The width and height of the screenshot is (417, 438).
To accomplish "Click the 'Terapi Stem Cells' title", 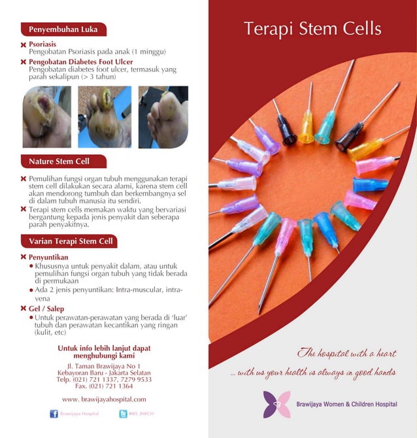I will click(x=312, y=29).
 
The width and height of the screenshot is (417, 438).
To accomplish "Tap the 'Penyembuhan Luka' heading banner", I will click(x=63, y=29).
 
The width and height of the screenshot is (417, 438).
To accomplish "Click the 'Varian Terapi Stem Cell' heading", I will click(x=71, y=241).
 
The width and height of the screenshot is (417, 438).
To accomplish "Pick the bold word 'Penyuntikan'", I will click(x=49, y=258).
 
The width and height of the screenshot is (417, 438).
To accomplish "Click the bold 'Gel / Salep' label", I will click(x=46, y=309).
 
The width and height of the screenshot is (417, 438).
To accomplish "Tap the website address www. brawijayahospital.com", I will click(x=104, y=399).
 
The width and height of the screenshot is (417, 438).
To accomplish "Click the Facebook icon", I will click(x=54, y=413).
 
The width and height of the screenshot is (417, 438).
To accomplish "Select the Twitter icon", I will click(x=123, y=413).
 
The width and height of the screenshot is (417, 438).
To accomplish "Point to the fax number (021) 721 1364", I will click(x=104, y=386).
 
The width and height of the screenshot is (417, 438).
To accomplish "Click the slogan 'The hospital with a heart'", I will click(x=347, y=354).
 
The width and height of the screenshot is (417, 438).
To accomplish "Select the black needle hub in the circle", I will click(x=287, y=129).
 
